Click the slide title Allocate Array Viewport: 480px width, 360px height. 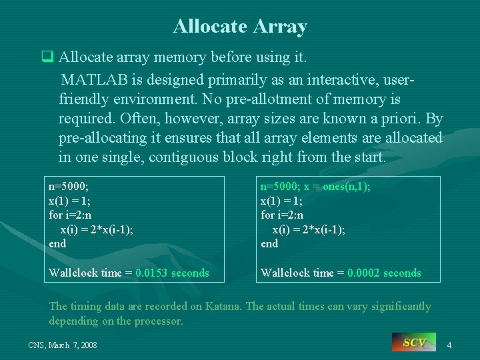240,26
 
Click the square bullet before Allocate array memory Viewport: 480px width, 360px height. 47,59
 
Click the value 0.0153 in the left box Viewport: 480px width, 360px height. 152,273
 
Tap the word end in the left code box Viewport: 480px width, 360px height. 57,244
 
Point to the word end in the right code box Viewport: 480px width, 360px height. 269,244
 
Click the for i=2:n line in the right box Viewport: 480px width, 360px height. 281,215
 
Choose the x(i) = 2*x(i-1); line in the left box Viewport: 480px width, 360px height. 97,229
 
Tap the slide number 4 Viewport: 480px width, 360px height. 449,345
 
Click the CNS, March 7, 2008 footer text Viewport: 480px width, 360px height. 63,345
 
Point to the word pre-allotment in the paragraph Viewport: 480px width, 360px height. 291,100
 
